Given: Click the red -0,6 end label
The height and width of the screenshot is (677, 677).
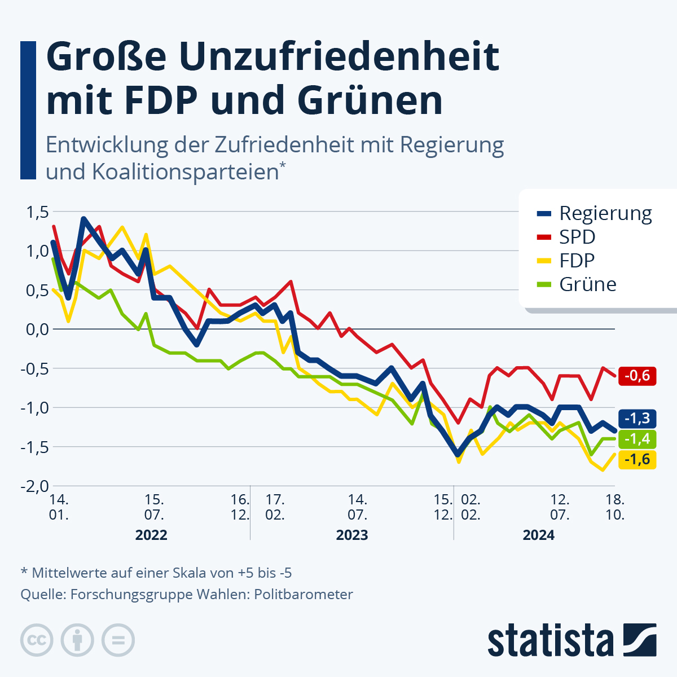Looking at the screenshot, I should [638, 375].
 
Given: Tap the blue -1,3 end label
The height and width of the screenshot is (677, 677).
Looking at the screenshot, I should [638, 418].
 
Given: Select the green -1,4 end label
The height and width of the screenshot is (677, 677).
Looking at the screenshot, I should [638, 438].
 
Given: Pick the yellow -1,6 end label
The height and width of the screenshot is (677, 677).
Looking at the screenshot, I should [638, 459].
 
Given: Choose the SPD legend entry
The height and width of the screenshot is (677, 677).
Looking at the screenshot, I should [577, 237].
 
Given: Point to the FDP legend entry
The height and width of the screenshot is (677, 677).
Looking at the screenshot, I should [577, 261].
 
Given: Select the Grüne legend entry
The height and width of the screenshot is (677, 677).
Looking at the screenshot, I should [587, 284].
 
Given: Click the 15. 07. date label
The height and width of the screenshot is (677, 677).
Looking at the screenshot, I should [154, 507].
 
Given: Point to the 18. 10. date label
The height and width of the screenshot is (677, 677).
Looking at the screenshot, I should [614, 507].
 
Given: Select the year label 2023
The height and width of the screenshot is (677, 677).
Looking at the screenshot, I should [352, 535].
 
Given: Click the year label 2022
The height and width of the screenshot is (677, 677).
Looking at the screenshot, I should [151, 535].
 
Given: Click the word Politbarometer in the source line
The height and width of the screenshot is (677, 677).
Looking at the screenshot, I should [304, 594].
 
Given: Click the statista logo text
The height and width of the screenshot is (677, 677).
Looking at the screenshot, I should [551, 641].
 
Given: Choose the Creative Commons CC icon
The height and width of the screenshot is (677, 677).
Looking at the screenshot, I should [37, 640].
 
